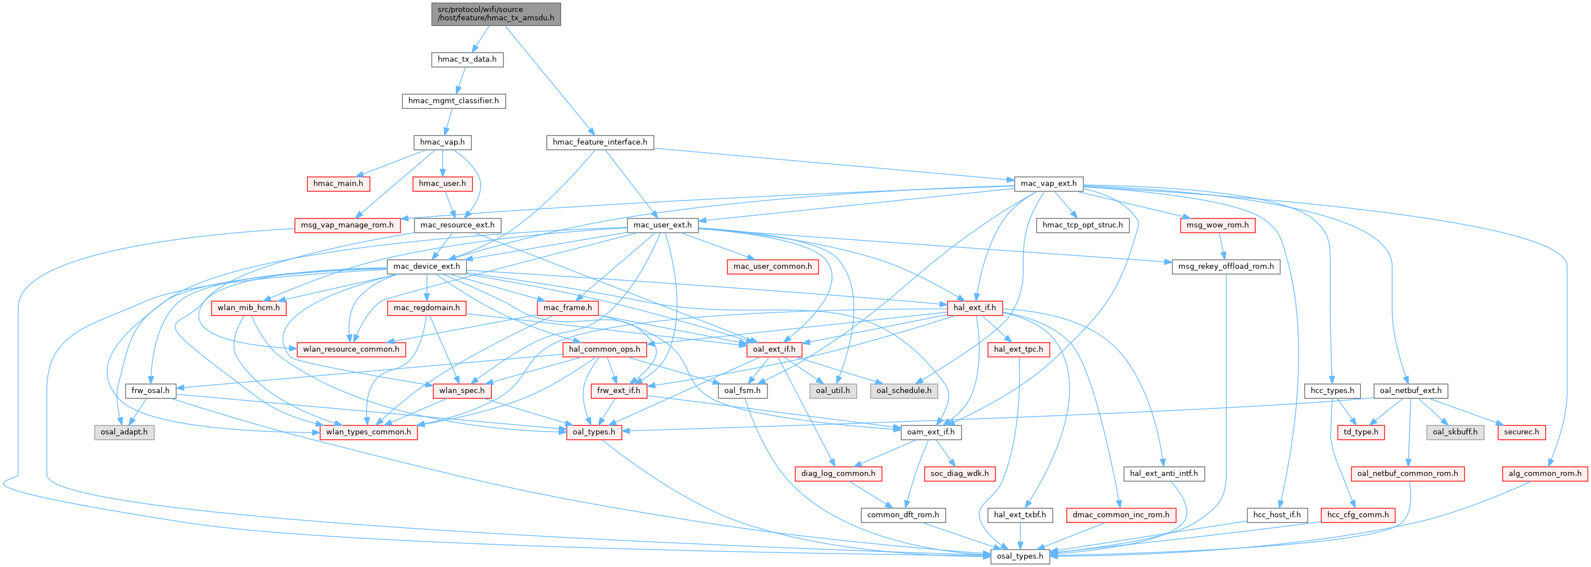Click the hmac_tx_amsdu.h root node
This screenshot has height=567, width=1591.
point(496,14)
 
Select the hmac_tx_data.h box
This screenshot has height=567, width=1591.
point(467,59)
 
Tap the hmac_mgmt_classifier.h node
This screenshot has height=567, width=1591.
point(454,101)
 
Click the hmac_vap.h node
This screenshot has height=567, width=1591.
point(442,142)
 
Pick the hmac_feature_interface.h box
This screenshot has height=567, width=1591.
point(600,142)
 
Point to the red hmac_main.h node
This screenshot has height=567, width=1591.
point(338,183)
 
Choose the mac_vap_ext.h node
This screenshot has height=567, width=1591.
point(1048,183)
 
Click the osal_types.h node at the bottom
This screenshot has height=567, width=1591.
point(1020,556)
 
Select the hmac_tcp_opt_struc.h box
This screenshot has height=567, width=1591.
point(1083,225)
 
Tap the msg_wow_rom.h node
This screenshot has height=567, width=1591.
point(1217,225)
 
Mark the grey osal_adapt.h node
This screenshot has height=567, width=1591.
point(124,432)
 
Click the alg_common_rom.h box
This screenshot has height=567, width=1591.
point(1544,473)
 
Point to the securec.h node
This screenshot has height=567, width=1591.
point(1521,432)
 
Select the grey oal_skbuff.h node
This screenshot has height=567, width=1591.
point(1455,432)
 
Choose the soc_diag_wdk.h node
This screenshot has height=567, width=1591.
point(959,473)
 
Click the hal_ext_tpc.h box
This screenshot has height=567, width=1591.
point(1019,349)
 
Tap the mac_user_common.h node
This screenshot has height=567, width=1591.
point(773,266)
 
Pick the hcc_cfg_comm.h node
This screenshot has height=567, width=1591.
point(1357,514)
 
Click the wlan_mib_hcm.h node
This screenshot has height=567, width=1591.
point(248,307)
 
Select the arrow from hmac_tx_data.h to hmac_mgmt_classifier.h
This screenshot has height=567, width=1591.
point(459,80)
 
